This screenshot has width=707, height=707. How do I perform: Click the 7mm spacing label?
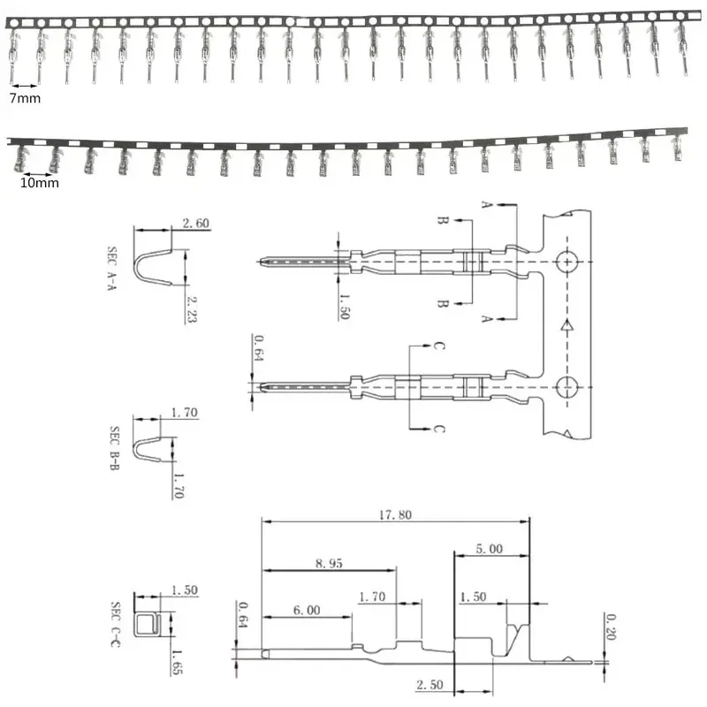pos(25,98)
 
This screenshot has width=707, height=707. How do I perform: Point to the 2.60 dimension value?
pos(195,224)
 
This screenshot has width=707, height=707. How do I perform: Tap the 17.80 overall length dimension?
pos(394,516)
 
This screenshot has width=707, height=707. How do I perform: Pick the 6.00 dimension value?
pos(306,611)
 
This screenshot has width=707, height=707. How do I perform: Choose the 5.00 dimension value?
pos(489,549)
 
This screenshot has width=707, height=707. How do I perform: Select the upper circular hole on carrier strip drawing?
pos(566,262)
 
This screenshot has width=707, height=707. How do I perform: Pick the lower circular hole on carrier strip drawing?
pos(566,386)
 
